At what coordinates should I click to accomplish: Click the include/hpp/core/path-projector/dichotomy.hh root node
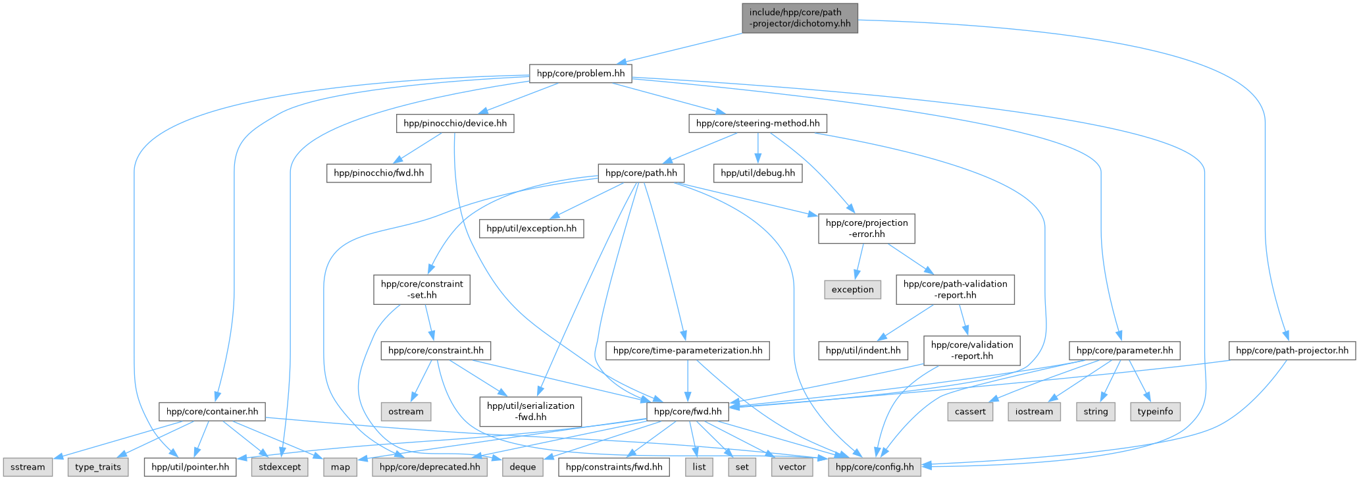pyautogui.click(x=800, y=18)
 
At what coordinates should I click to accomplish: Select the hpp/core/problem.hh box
pyautogui.click(x=580, y=73)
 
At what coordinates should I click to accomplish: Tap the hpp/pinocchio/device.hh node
pyautogui.click(x=455, y=123)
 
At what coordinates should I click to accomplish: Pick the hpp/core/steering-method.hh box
pyautogui.click(x=757, y=123)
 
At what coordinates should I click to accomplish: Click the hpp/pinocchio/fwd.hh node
pyautogui.click(x=378, y=173)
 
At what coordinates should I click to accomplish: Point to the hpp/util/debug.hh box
pyautogui.click(x=757, y=173)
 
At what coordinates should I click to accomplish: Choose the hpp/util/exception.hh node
pyautogui.click(x=531, y=228)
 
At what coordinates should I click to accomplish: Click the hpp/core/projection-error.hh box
pyautogui.click(x=866, y=228)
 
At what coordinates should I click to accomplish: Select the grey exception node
pyautogui.click(x=852, y=290)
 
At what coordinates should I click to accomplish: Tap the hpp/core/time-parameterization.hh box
pyautogui.click(x=688, y=350)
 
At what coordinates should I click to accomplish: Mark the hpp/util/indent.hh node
pyautogui.click(x=863, y=350)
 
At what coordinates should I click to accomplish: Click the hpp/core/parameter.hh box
pyautogui.click(x=1124, y=350)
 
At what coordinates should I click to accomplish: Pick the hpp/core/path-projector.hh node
pyautogui.click(x=1292, y=350)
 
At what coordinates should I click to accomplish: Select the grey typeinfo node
pyautogui.click(x=1155, y=412)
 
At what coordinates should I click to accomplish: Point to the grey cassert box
pyautogui.click(x=970, y=412)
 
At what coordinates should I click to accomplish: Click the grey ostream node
pyautogui.click(x=405, y=412)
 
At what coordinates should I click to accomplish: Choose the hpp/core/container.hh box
pyautogui.click(x=212, y=412)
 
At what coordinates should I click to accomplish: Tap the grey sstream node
pyautogui.click(x=28, y=467)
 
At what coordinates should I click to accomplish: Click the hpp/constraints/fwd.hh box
pyautogui.click(x=613, y=467)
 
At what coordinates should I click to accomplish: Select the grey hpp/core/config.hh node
pyautogui.click(x=874, y=467)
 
